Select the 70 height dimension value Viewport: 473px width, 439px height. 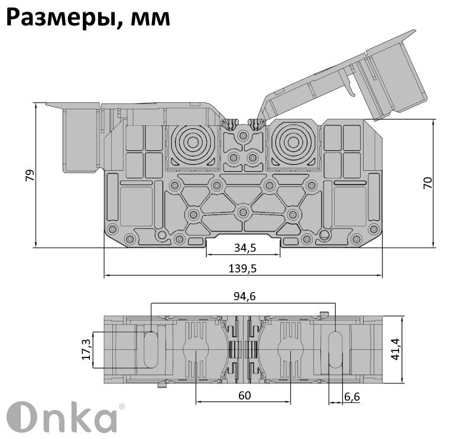(x=428, y=183)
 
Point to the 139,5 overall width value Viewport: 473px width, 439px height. (x=242, y=269)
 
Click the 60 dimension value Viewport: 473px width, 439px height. (x=243, y=396)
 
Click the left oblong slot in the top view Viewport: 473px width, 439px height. (x=151, y=349)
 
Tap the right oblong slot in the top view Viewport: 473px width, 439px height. (x=335, y=349)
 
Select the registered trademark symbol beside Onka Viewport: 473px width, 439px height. (x=122, y=407)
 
